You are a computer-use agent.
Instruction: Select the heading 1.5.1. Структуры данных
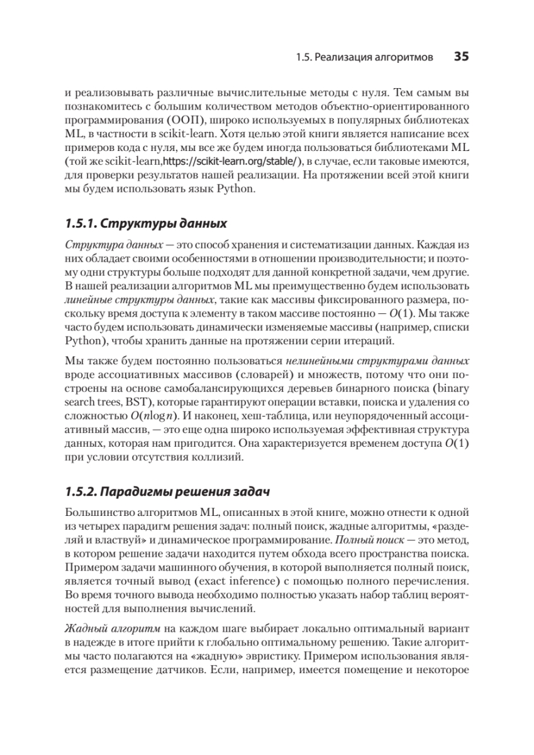pos(145,224)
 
